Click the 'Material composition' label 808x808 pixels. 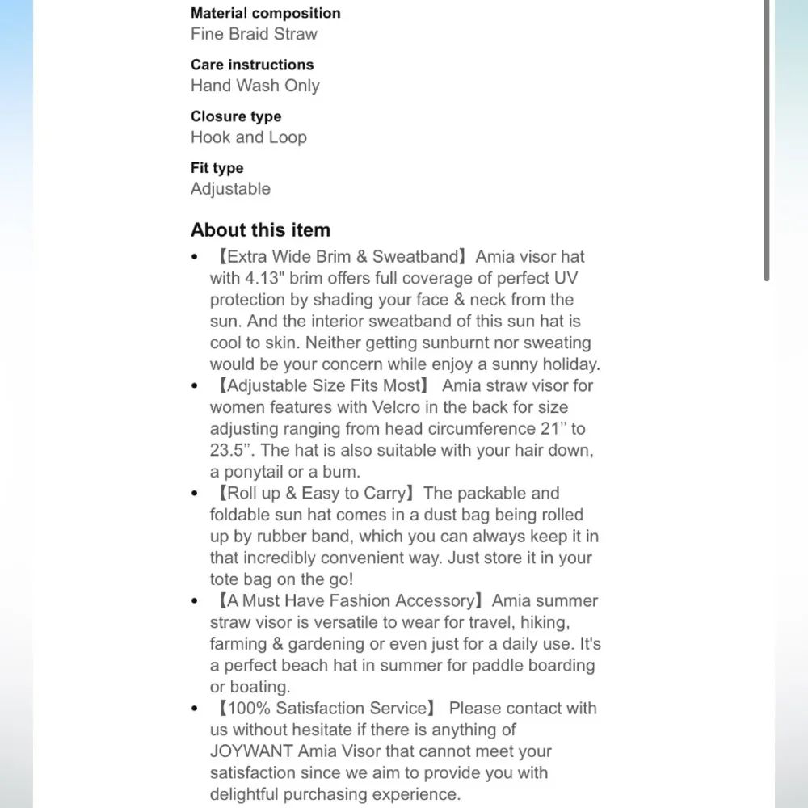click(265, 13)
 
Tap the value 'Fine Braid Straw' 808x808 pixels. click(254, 34)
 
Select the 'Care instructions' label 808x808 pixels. click(252, 65)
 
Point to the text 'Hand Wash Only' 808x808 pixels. click(255, 86)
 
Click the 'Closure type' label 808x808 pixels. click(236, 116)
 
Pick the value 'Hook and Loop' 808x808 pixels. click(249, 137)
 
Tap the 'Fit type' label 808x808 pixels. click(217, 168)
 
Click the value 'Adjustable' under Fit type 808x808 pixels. click(230, 189)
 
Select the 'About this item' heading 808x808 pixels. click(260, 230)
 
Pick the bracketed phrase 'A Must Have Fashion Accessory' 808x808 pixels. click(349, 600)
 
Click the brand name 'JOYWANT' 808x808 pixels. click(251, 751)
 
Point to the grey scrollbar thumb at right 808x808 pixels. click(766, 141)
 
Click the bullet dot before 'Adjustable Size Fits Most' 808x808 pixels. click(195, 386)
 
